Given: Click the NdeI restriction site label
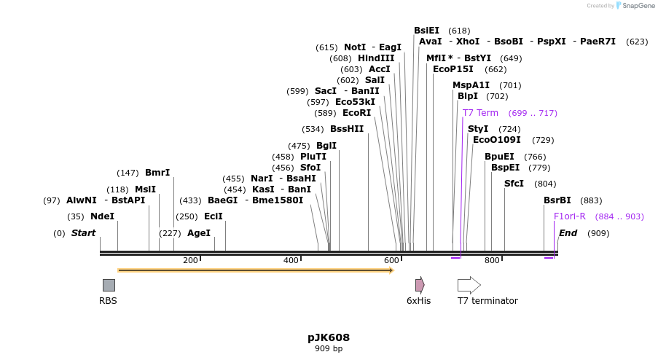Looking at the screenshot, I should pyautogui.click(x=102, y=216).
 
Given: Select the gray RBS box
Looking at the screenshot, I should pyautogui.click(x=109, y=285).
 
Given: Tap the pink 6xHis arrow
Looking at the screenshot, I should pyautogui.click(x=420, y=285).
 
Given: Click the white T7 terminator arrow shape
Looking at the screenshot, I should pyautogui.click(x=469, y=285).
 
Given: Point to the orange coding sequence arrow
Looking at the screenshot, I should pyautogui.click(x=255, y=270).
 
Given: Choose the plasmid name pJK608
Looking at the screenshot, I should pyautogui.click(x=329, y=337).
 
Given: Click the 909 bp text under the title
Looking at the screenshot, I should pyautogui.click(x=329, y=349).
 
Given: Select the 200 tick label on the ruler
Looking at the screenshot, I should pyautogui.click(x=190, y=260).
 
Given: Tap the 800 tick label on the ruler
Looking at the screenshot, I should pyautogui.click(x=492, y=260).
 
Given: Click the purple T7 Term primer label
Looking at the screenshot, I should pyautogui.click(x=480, y=113).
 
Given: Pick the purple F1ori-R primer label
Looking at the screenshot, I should pyautogui.click(x=570, y=216).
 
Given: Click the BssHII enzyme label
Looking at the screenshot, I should pyautogui.click(x=347, y=129).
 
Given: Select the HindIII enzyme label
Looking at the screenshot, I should pyautogui.click(x=376, y=58).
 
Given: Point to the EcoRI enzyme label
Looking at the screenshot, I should pyautogui.click(x=356, y=113).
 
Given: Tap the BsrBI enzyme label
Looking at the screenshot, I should pyautogui.click(x=557, y=200).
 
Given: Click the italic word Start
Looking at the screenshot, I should pyautogui.click(x=83, y=233).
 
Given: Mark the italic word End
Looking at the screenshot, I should pyautogui.click(x=568, y=233).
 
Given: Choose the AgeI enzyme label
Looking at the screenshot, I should pyautogui.click(x=199, y=233).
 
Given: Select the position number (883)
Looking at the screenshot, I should pyautogui.click(x=591, y=200).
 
